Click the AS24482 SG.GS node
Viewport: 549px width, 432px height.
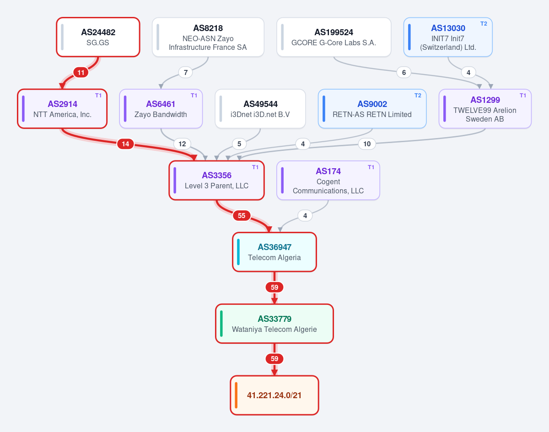(x=98, y=37)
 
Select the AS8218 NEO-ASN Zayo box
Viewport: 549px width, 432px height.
(x=208, y=37)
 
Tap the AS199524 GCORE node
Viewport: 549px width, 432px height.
(x=334, y=37)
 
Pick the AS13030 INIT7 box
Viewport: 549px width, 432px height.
(x=448, y=37)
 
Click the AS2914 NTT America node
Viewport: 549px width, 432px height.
(x=62, y=109)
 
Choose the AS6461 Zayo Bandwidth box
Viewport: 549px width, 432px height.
(x=161, y=109)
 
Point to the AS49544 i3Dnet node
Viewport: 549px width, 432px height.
(x=260, y=109)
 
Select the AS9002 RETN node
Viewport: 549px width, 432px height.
(x=372, y=109)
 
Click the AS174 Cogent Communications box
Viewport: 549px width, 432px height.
(x=328, y=180)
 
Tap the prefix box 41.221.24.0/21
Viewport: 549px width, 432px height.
(x=274, y=395)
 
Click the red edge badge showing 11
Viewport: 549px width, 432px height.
(x=81, y=72)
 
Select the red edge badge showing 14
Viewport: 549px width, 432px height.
(x=125, y=144)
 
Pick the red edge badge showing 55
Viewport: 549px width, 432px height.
(x=242, y=215)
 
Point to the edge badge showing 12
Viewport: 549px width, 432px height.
(x=182, y=144)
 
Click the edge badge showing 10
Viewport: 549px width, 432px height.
(x=367, y=144)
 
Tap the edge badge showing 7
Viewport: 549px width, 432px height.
(x=186, y=72)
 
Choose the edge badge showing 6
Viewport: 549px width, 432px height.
(x=404, y=72)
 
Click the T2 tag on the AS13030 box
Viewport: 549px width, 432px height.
(x=484, y=24)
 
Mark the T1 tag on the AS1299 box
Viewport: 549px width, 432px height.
(x=523, y=96)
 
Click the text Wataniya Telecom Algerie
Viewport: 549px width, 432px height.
(x=274, y=329)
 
